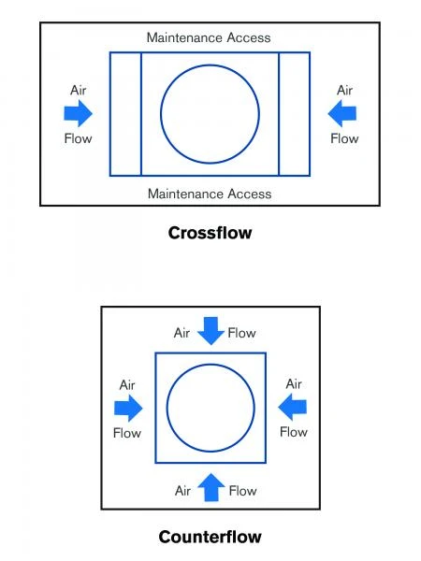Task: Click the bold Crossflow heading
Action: tap(210, 233)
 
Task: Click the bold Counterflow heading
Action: tap(210, 537)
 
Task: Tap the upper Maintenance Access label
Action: tap(209, 37)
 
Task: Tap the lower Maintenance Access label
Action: tap(210, 194)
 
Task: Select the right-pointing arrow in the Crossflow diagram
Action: tap(78, 113)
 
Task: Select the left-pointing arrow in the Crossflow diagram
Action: tap(342, 113)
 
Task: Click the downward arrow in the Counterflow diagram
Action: tap(210, 331)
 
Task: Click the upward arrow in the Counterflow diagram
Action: tap(211, 487)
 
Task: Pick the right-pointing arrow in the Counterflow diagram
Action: tap(128, 408)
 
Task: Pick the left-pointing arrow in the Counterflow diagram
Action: tap(293, 407)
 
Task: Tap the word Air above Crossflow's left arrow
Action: tap(79, 90)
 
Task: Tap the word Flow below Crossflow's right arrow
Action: tap(344, 138)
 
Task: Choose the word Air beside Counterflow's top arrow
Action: tap(181, 333)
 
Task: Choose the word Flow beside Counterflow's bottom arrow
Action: tap(242, 491)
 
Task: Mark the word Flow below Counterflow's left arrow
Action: tap(127, 433)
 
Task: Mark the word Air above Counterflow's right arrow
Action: tap(294, 384)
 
